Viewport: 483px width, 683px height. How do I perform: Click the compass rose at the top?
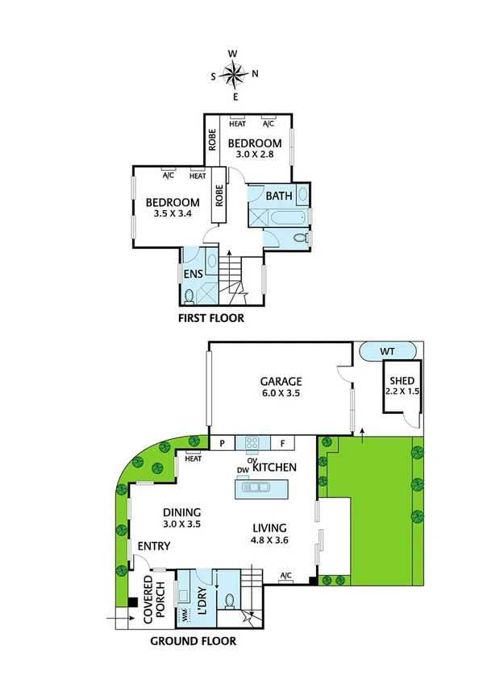tap(235, 75)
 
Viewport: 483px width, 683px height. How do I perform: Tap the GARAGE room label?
tap(281, 381)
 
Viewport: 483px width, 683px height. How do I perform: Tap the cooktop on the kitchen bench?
tap(251, 442)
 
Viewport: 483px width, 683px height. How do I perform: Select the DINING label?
tap(181, 512)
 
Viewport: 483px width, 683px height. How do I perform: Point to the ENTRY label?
tap(153, 547)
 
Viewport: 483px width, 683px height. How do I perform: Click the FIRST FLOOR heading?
tap(211, 318)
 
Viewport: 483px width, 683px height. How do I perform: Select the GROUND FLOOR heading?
tap(194, 641)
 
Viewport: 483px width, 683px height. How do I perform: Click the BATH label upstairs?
tap(279, 196)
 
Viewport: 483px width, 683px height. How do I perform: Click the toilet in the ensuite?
tap(190, 296)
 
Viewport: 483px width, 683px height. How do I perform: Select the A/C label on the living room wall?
tap(285, 575)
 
